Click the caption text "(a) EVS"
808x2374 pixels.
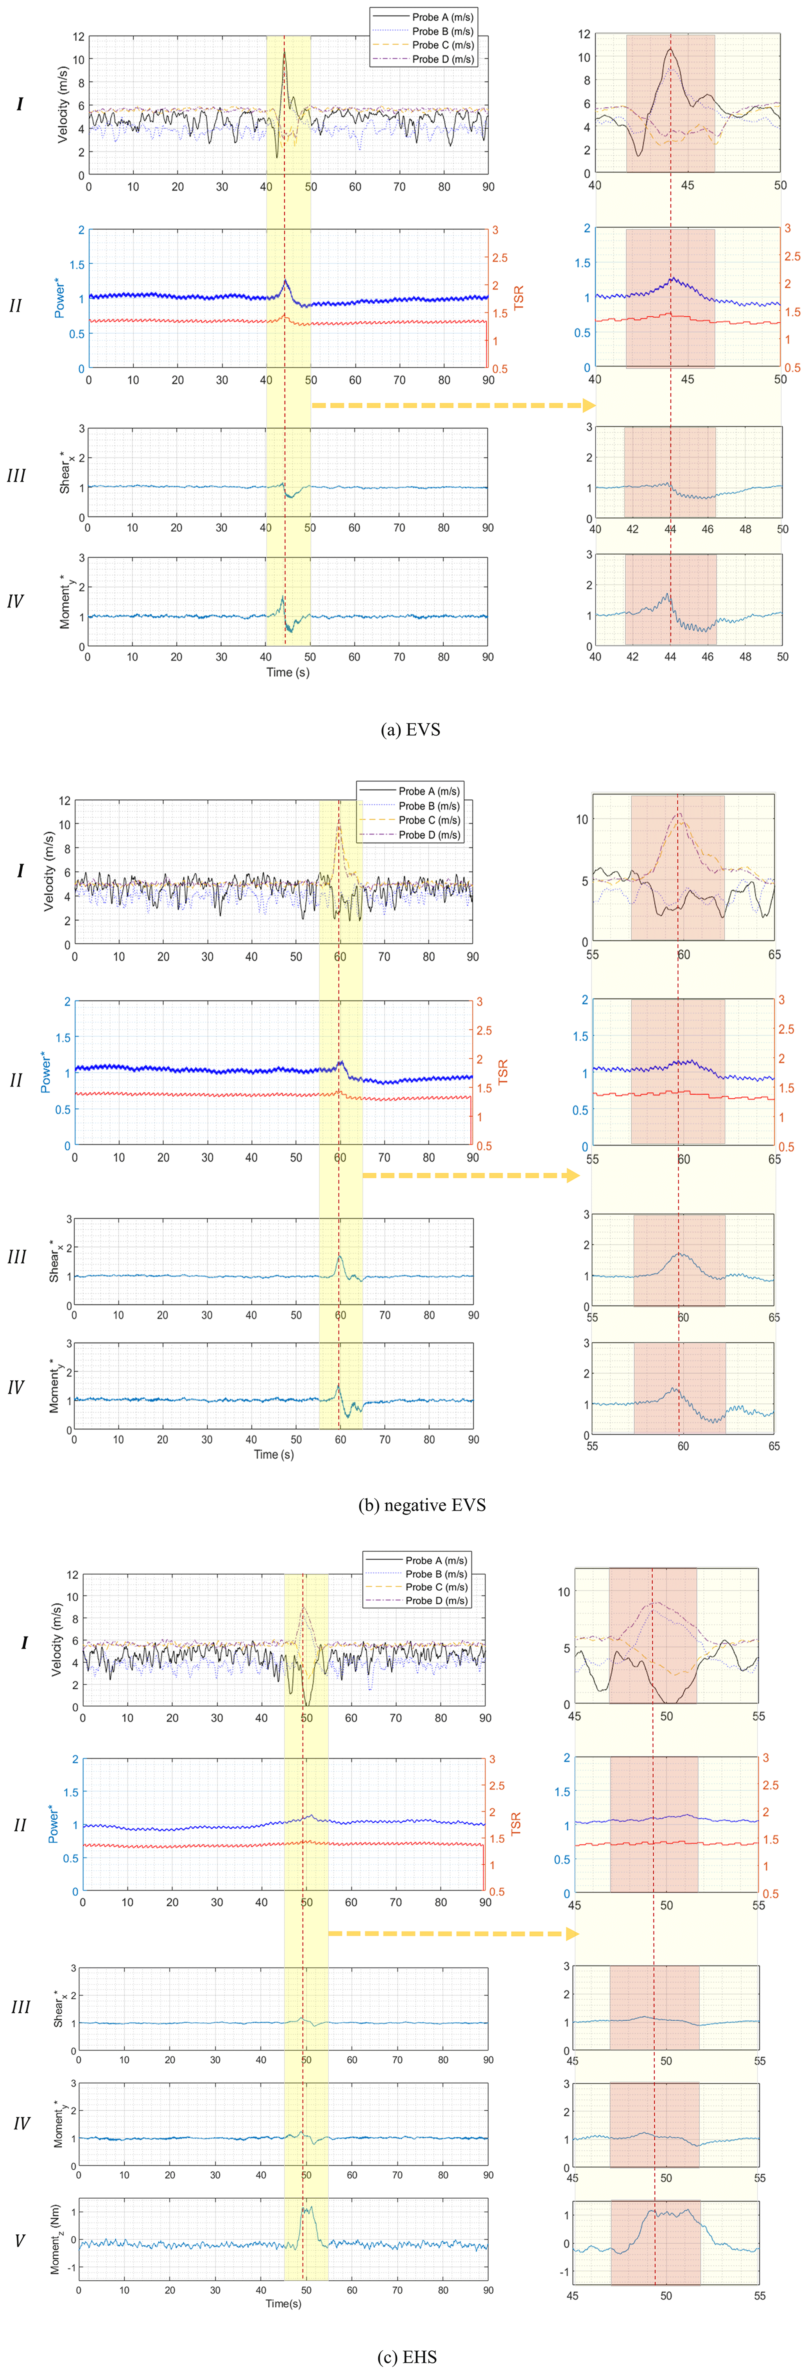point(410,729)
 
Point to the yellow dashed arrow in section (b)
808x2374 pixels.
point(470,1175)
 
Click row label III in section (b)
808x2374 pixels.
point(16,1257)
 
